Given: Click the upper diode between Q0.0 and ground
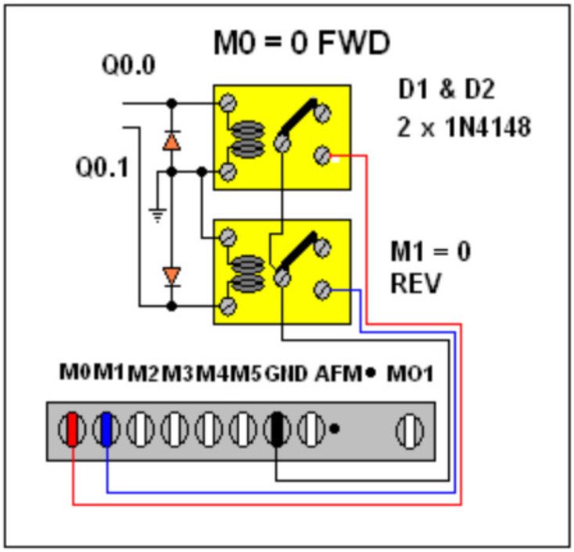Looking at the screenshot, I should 171,141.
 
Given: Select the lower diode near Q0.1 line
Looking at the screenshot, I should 171,276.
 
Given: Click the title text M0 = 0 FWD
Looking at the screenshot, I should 302,45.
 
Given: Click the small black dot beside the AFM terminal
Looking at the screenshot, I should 335,428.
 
